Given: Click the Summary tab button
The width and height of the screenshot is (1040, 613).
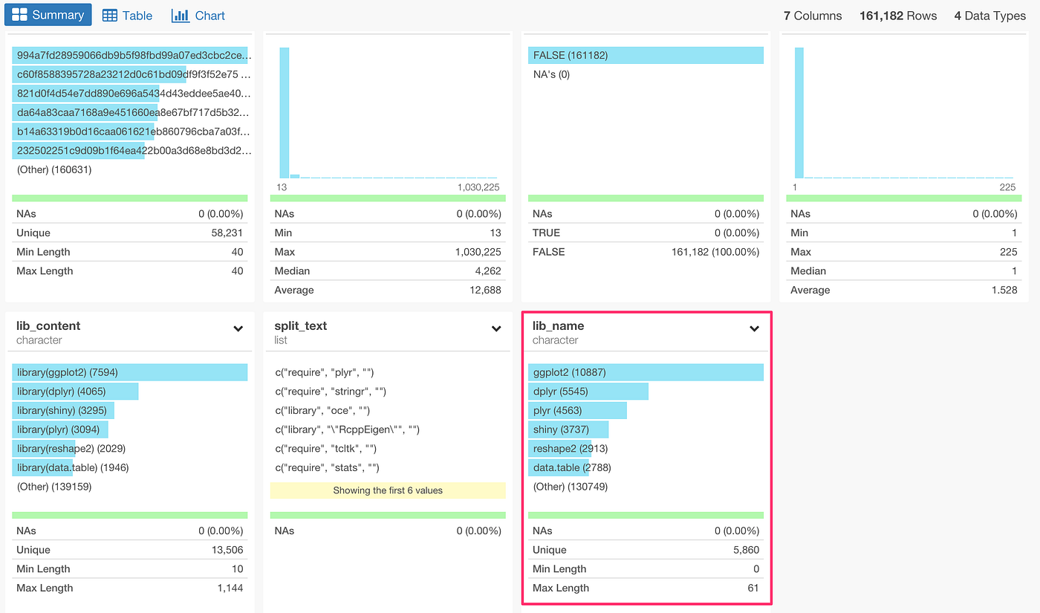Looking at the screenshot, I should [x=48, y=15].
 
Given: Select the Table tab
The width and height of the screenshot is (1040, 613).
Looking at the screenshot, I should [x=127, y=16].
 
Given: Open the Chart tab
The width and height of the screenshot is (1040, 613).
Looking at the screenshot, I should [x=198, y=16].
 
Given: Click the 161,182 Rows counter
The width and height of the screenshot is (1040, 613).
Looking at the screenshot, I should [x=897, y=16].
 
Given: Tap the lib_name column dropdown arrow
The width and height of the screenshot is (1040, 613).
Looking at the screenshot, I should [x=754, y=328].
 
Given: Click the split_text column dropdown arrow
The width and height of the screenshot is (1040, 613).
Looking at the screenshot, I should [x=496, y=328].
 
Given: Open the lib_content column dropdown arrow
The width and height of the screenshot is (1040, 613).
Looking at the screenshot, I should [x=238, y=328].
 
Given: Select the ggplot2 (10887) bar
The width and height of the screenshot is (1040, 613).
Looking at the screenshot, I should [x=646, y=372].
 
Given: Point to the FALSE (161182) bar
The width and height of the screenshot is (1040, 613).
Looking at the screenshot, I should [x=646, y=56].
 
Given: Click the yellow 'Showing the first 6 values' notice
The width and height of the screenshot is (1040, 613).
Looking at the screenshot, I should [x=388, y=490].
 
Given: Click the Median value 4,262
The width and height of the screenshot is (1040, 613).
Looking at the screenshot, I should [x=486, y=271].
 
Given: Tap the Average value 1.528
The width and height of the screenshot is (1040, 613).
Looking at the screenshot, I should [x=1004, y=291].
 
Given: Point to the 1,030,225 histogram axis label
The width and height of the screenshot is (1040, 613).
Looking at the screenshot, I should [x=478, y=187].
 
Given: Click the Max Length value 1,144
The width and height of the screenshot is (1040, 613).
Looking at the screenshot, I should [x=227, y=588].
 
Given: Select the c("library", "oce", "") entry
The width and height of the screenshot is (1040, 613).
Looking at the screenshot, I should [x=322, y=411].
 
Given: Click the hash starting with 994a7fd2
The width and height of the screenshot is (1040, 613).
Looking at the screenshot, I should [x=133, y=56].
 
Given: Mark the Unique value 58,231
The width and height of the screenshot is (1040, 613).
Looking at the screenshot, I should [x=227, y=233].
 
